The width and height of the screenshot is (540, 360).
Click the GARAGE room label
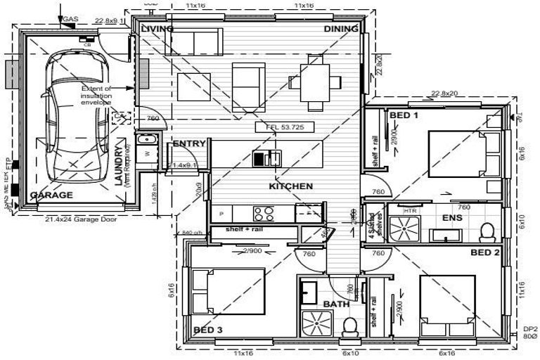coord(51,195)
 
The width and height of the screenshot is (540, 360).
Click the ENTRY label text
coord(189,143)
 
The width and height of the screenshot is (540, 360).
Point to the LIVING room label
coord(157,29)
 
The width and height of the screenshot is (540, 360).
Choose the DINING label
coord(341,29)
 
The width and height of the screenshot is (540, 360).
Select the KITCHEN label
coord(290,186)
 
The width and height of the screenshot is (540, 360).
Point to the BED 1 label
coord(404,115)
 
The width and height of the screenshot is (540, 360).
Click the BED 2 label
coord(484,252)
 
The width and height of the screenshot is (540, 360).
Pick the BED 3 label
coord(207,329)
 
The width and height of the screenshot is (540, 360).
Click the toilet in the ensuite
coord(487,231)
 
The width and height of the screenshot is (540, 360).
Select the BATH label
coord(336,304)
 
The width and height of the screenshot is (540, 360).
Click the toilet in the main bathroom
coord(349,326)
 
